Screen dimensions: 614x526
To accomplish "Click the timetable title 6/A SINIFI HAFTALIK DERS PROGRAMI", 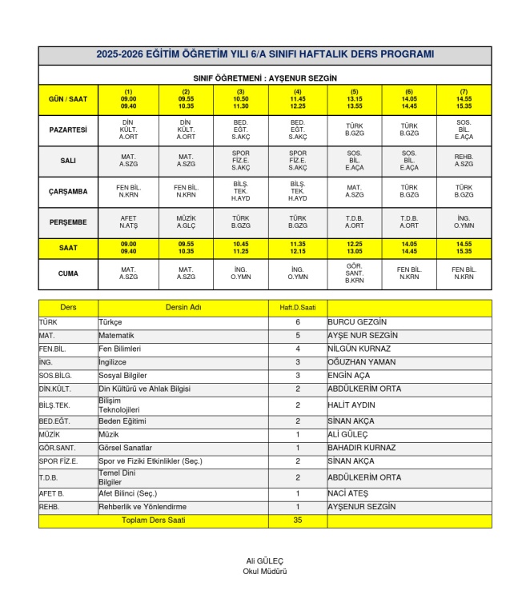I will [x=265, y=55].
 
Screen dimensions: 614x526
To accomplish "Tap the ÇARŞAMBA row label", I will [x=68, y=191].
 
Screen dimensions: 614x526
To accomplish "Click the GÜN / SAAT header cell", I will [x=68, y=100].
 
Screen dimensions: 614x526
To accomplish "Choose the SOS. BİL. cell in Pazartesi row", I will [x=464, y=130].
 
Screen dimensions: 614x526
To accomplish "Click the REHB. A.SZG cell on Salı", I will [x=464, y=161].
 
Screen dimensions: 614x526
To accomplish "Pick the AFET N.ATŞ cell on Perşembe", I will [x=128, y=221].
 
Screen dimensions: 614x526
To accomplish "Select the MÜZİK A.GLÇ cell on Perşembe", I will [x=186, y=221].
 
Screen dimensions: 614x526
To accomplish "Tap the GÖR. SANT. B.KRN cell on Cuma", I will [x=354, y=274].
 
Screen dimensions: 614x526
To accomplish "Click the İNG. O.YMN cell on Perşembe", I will [x=464, y=221].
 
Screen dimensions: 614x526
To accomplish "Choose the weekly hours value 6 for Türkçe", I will [x=297, y=321].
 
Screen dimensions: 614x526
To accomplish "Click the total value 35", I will [x=297, y=520].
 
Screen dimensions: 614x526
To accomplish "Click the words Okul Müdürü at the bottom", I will [x=265, y=572].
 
